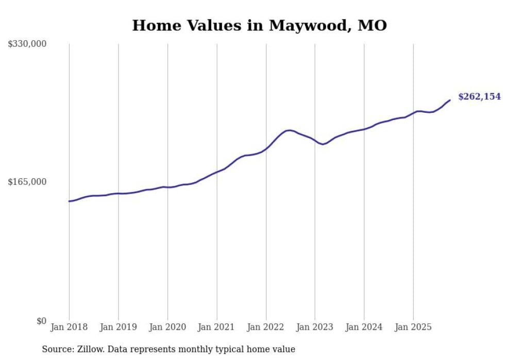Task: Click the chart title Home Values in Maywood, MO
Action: (x=259, y=25)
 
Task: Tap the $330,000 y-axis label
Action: (x=27, y=44)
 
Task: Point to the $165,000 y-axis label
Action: (x=27, y=182)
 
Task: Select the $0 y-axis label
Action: (x=41, y=321)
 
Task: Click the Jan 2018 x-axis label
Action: (x=69, y=327)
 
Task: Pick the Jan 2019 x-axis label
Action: (x=119, y=327)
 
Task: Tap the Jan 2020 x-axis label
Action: (x=167, y=327)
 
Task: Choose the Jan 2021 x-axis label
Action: (x=217, y=327)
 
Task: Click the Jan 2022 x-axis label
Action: (x=266, y=327)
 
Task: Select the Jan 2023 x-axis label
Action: (x=315, y=327)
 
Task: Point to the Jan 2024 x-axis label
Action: (x=364, y=327)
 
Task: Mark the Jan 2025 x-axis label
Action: (x=413, y=327)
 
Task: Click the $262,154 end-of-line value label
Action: (x=479, y=96)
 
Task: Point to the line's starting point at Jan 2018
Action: (x=69, y=201)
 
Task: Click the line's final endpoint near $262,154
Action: (x=450, y=100)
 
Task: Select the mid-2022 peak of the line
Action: (x=289, y=130)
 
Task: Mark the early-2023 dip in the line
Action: (x=323, y=144)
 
